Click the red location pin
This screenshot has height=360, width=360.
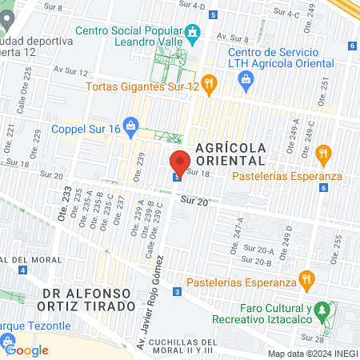[x=180, y=161]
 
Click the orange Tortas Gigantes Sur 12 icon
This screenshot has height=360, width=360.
[x=209, y=82]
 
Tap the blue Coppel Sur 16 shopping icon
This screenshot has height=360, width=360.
[x=132, y=126]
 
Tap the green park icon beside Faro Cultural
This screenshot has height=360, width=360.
[x=322, y=309]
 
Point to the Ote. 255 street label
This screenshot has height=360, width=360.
[x=338, y=244]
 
